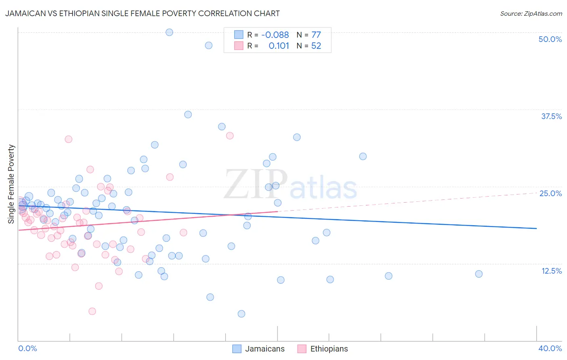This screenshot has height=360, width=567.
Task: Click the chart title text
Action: tap(142, 13)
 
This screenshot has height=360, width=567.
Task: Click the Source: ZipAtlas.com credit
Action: tap(531, 14)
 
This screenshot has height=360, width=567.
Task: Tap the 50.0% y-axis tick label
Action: tap(550, 39)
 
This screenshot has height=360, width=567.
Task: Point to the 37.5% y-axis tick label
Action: tap(551, 116)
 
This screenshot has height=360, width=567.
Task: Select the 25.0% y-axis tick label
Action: tap(550, 193)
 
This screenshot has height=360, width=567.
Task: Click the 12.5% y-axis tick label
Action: tap(551, 271)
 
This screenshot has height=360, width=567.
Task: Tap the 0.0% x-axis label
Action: tap(27, 348)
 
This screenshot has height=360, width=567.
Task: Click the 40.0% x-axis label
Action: tap(550, 348)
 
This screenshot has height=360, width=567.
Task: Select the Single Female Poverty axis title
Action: tap(11, 184)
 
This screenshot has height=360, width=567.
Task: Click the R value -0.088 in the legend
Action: tap(275, 35)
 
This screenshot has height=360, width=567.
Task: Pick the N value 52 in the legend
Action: tap(316, 46)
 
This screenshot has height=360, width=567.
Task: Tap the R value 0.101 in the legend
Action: tap(279, 46)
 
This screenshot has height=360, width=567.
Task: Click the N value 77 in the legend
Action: tap(316, 35)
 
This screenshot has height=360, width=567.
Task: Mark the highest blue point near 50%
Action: tap(169, 32)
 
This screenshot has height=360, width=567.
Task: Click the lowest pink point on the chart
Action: tap(92, 311)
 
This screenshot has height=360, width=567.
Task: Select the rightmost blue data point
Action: tap(479, 274)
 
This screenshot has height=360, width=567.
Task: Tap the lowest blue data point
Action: tap(241, 314)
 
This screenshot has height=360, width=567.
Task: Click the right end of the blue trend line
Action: tap(536, 228)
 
